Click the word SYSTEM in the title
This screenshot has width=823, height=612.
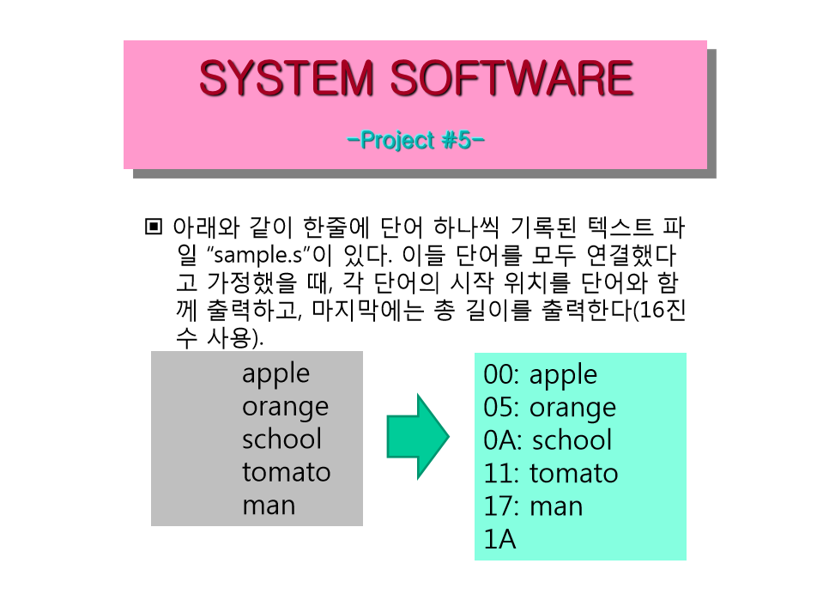click(287, 78)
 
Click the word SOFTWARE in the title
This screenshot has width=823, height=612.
click(512, 78)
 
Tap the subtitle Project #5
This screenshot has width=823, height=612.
click(415, 140)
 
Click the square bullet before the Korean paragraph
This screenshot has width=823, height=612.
click(154, 227)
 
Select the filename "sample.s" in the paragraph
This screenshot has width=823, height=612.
click(257, 255)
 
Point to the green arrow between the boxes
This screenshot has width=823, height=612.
click(418, 436)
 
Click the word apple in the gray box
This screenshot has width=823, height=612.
click(276, 375)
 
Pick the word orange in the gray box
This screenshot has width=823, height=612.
click(286, 408)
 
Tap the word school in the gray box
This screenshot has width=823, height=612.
click(281, 439)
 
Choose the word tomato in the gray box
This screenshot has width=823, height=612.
click(287, 472)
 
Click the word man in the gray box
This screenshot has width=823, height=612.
click(269, 506)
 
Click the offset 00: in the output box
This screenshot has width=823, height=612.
click(501, 375)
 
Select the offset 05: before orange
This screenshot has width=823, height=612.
click(501, 408)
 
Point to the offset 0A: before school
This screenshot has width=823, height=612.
click(503, 440)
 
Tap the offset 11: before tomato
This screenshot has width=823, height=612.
click(501, 474)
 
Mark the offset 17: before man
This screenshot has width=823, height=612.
click(501, 506)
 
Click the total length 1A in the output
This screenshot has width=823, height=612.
click(499, 540)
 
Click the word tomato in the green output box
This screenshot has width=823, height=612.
click(573, 474)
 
